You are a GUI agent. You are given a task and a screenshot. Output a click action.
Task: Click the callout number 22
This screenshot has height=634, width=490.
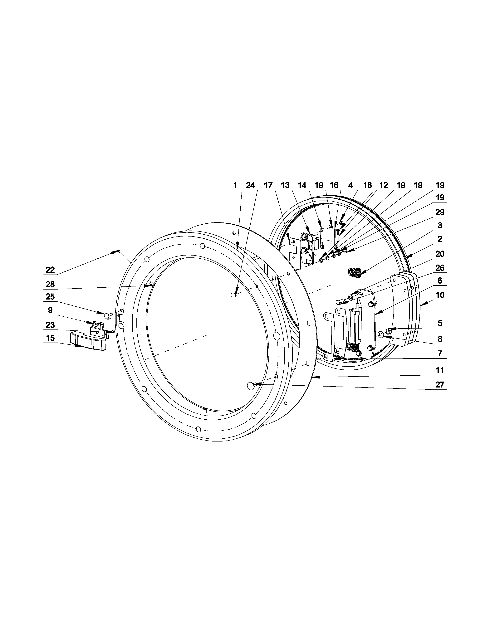pyautogui.click(x=50, y=270)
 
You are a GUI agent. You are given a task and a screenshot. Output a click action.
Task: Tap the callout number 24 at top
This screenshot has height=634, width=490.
pyautogui.click(x=250, y=185)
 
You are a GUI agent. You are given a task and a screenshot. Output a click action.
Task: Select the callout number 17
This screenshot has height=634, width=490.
pyautogui.click(x=268, y=185)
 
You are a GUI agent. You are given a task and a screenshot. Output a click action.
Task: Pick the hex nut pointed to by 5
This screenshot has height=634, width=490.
pyautogui.click(x=388, y=331)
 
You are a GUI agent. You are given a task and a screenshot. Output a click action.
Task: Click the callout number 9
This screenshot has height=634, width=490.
pyautogui.click(x=50, y=310)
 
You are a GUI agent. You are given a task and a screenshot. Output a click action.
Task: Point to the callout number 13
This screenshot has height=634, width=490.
pyautogui.click(x=285, y=185)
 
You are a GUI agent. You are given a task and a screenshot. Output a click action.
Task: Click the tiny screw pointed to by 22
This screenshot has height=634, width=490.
pyautogui.click(x=119, y=251)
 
